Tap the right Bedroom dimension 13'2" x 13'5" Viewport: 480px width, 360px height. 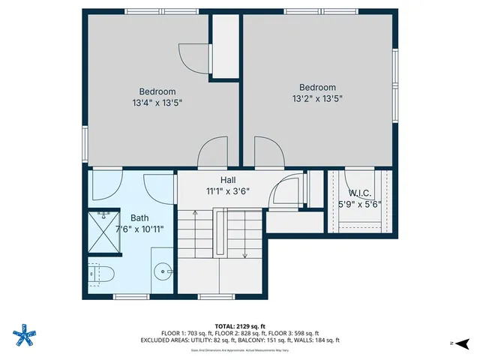pyautogui.click(x=317, y=98)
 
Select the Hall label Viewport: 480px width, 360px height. pyautogui.click(x=228, y=180)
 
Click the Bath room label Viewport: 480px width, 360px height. pyautogui.click(x=139, y=217)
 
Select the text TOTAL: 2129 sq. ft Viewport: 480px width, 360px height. pyautogui.click(x=240, y=326)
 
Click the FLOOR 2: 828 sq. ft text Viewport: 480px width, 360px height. pyautogui.click(x=239, y=333)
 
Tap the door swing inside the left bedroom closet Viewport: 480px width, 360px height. pyautogui.click(x=190, y=57)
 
